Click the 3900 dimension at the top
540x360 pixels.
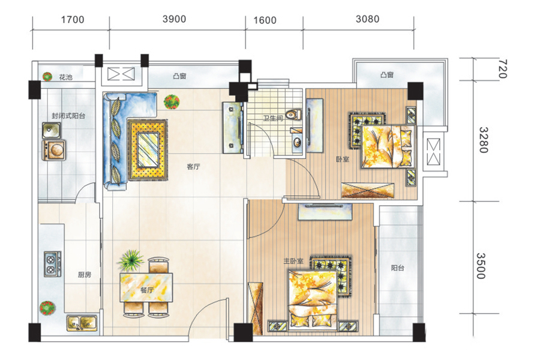pos(174,19)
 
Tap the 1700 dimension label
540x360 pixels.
pos(73,20)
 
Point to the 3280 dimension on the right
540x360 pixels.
pos(484,140)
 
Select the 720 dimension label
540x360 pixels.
pos(503,69)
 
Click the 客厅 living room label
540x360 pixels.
pos(193,167)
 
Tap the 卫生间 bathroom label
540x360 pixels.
pos(273,119)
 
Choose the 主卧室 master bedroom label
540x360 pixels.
pos(293,262)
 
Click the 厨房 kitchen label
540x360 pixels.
pos(85,275)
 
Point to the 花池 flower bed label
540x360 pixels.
pos(66,77)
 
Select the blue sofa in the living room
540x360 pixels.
pos(129,140)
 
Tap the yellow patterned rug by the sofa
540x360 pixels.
pos(148,149)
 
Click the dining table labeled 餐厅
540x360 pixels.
pos(146,287)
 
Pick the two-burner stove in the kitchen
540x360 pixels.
pos(53,264)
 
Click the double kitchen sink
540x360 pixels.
pos(82,323)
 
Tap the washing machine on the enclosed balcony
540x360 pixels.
pos(54,150)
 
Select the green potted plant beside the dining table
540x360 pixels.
pos(130,260)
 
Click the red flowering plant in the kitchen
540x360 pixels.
pos(47,308)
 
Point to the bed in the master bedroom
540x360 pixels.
pos(313,299)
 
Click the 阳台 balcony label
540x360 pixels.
pos(398,268)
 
